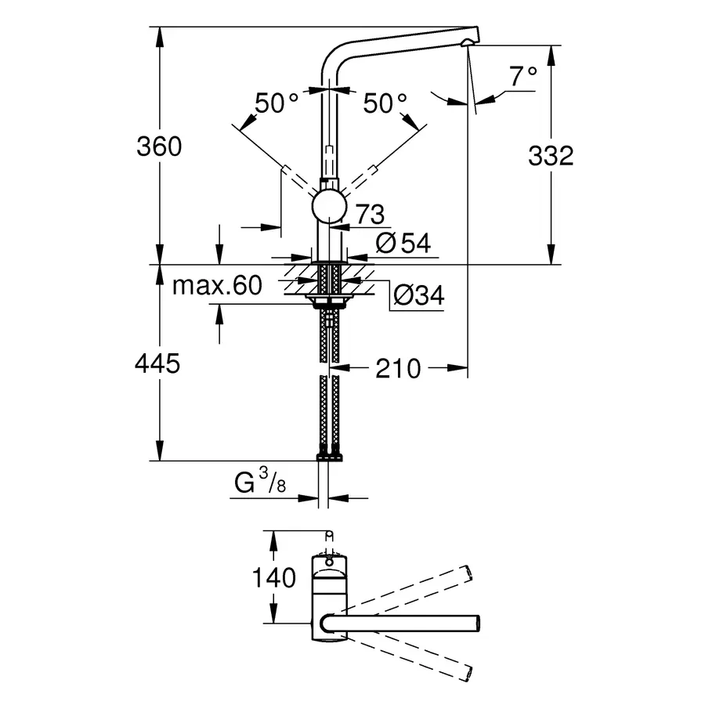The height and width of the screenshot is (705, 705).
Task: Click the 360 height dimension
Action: pyautogui.click(x=159, y=146)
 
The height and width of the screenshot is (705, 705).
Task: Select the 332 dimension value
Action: pyautogui.click(x=551, y=156)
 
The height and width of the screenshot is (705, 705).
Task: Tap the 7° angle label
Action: pyautogui.click(x=523, y=77)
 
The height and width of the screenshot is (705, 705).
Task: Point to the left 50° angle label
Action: pyautogui.click(x=277, y=103)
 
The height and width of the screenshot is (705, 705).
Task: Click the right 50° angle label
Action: pyautogui.click(x=385, y=103)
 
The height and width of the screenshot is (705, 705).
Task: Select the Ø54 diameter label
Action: pyautogui.click(x=403, y=244)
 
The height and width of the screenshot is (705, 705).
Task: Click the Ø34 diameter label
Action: pyautogui.click(x=418, y=295)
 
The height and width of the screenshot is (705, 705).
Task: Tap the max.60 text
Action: pyautogui.click(x=217, y=286)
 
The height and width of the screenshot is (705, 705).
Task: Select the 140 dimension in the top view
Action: pyautogui.click(x=274, y=578)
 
